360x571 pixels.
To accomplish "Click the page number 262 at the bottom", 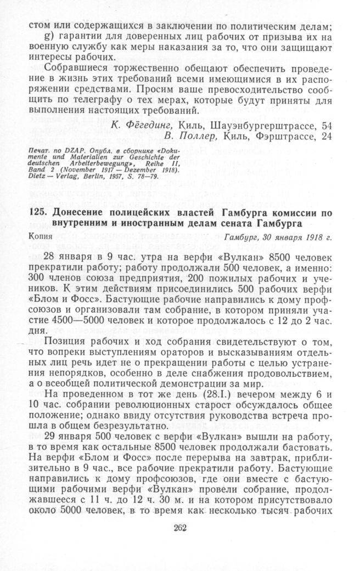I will coord(180,528).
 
